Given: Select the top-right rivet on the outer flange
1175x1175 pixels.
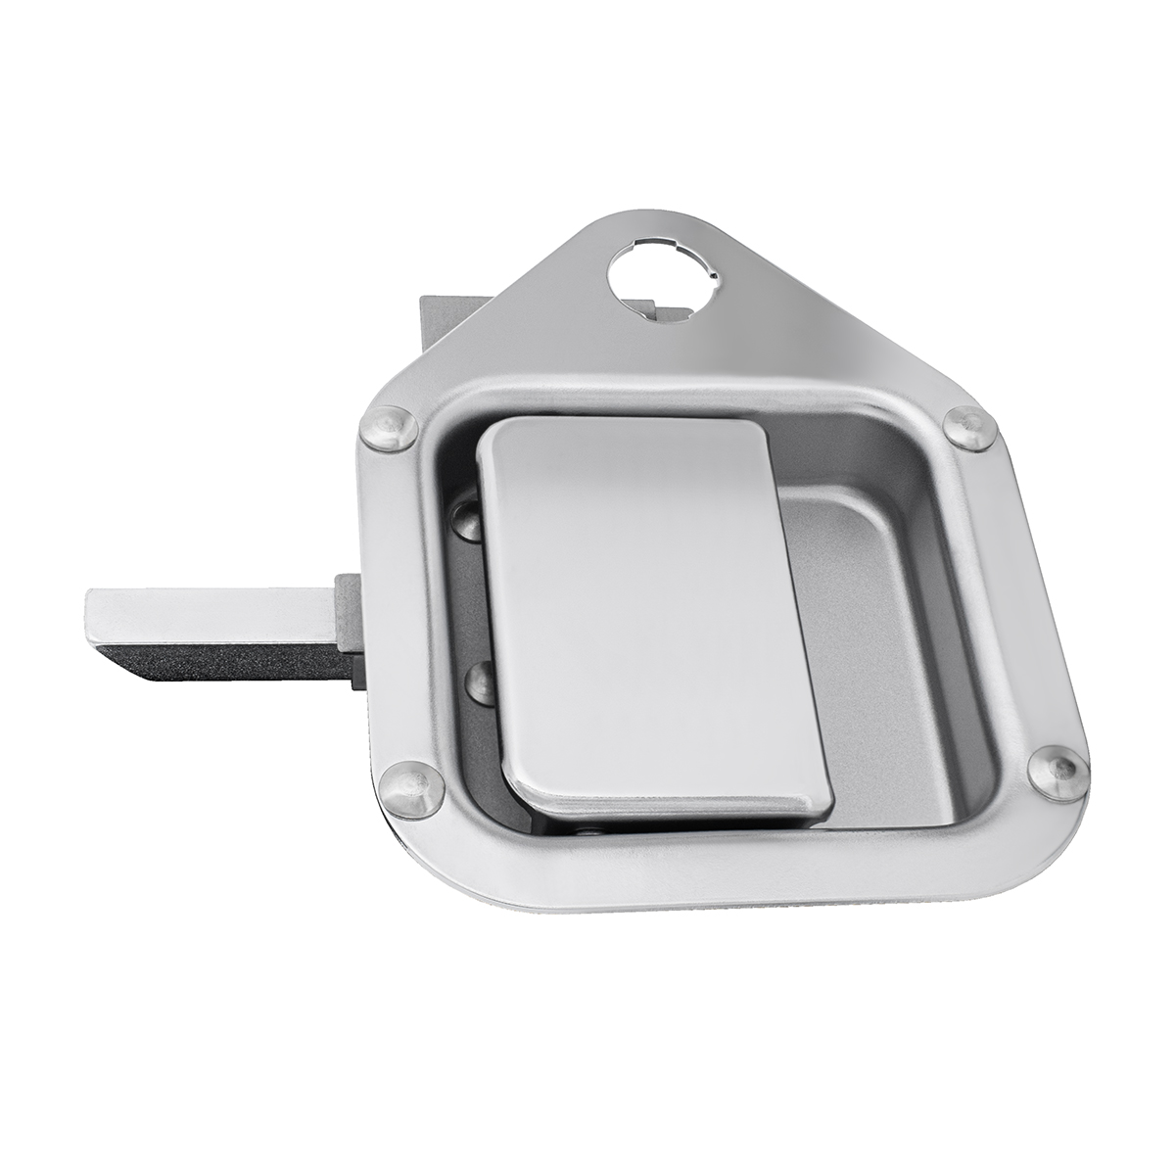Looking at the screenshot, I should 969,428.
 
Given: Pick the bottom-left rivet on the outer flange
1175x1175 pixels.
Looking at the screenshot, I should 409,788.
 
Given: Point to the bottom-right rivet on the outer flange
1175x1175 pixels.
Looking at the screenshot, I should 1057,773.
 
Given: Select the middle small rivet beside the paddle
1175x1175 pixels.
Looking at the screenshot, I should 479,681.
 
